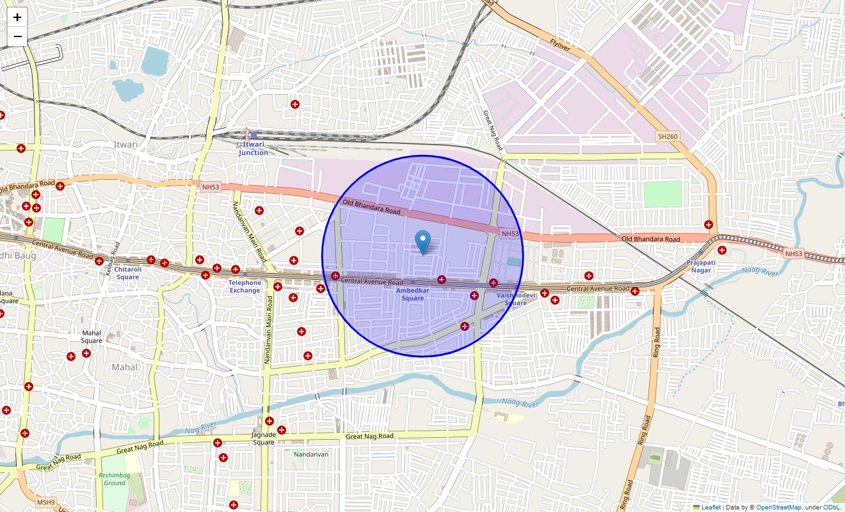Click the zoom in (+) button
click(x=17, y=17)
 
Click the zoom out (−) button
click(x=17, y=36)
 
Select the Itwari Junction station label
click(x=253, y=148)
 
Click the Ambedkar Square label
click(x=413, y=294)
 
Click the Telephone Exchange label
click(x=245, y=287)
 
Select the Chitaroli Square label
click(x=127, y=273)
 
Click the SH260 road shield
click(x=667, y=136)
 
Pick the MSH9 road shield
click(x=45, y=502)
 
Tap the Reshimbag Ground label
click(x=115, y=479)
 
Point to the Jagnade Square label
click(x=264, y=438)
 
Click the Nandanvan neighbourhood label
click(x=311, y=454)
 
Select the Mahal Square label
click(x=92, y=337)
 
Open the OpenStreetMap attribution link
click(x=778, y=508)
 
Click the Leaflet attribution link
click(x=711, y=508)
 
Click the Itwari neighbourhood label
click(x=125, y=145)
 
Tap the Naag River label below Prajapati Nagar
click(x=759, y=272)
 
